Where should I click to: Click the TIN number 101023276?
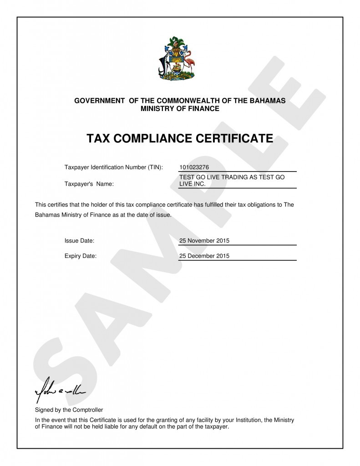[x=194, y=167]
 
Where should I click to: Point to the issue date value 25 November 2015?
[x=204, y=240]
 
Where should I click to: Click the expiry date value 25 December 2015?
[x=204, y=256]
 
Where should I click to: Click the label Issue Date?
[x=80, y=240]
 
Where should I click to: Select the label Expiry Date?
[x=81, y=256]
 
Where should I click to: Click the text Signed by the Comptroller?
[x=69, y=410]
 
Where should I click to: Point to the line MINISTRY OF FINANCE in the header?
[x=180, y=109]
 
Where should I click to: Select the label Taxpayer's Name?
[x=89, y=184]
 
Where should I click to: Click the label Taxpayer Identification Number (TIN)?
[x=114, y=167]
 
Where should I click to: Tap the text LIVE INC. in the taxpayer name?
[x=193, y=184]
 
